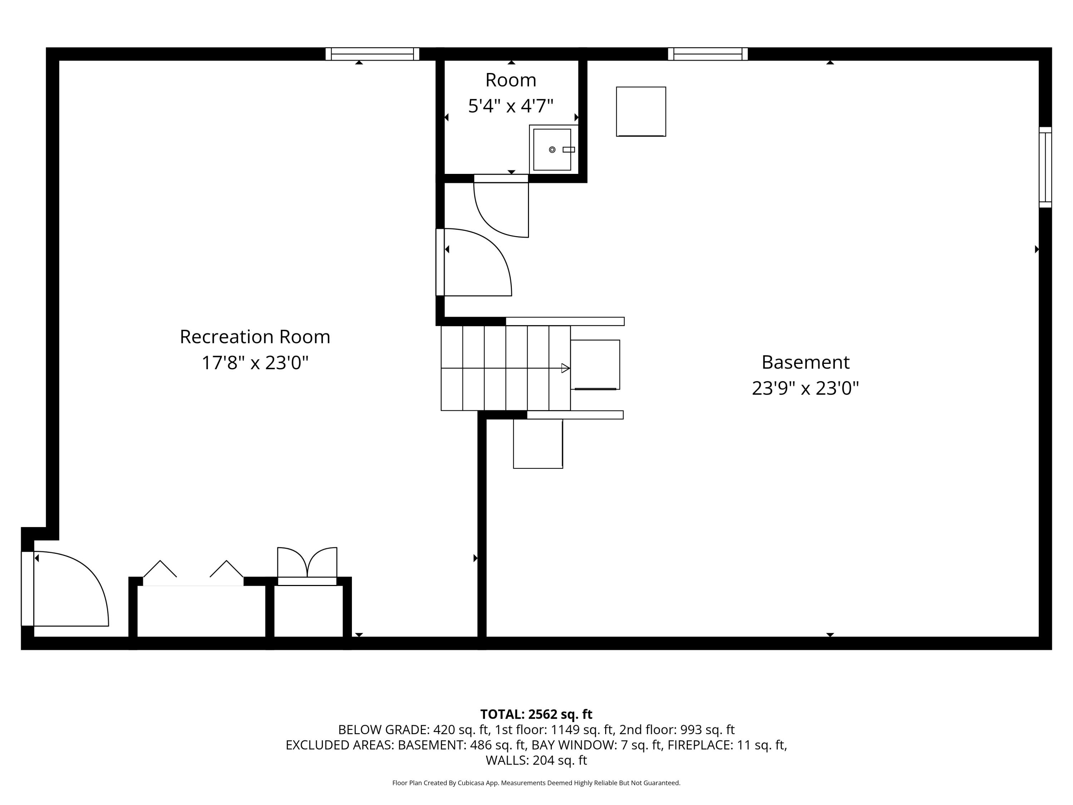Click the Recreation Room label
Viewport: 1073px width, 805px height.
pyautogui.click(x=255, y=337)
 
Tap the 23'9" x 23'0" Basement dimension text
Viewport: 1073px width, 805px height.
pyautogui.click(x=805, y=388)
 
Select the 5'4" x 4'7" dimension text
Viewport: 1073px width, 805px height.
pyautogui.click(x=510, y=106)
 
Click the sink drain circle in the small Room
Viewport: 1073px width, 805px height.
pyautogui.click(x=552, y=150)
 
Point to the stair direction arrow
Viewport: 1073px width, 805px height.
pyautogui.click(x=565, y=368)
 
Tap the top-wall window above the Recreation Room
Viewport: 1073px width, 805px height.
pyautogui.click(x=372, y=54)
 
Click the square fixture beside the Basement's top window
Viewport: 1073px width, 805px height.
pyautogui.click(x=641, y=112)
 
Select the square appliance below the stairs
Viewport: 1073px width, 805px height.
pyautogui.click(x=538, y=444)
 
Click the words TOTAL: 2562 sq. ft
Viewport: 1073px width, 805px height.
pyautogui.click(x=536, y=714)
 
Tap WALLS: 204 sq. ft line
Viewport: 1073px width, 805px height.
pyautogui.click(x=536, y=760)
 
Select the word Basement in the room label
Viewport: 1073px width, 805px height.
pyautogui.click(x=805, y=362)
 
